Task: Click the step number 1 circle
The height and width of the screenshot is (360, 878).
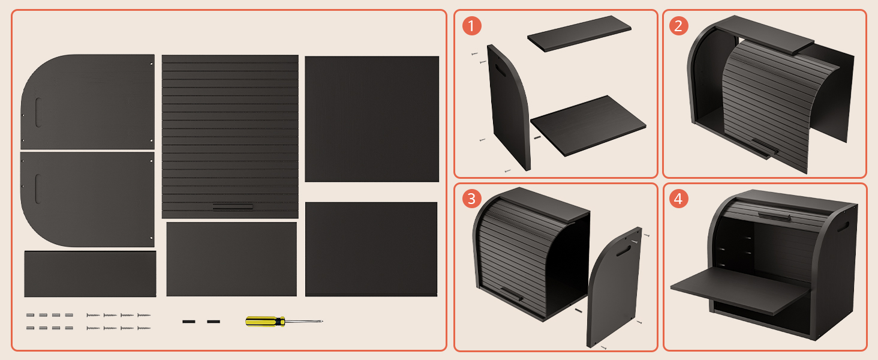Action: click(471, 26)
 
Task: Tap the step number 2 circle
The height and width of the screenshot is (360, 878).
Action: click(678, 26)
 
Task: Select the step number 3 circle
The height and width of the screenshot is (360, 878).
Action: click(471, 199)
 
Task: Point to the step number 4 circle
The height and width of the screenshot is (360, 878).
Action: click(678, 199)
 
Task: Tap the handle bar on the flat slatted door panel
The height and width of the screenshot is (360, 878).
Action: click(233, 206)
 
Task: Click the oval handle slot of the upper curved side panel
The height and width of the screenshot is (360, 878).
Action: click(38, 113)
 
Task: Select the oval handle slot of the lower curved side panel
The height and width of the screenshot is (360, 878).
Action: click(38, 189)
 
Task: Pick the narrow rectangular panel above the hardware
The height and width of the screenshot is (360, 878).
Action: click(90, 274)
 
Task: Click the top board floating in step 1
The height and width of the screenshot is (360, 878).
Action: click(579, 34)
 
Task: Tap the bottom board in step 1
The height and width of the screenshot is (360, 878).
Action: click(588, 125)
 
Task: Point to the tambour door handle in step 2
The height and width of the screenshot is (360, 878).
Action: click(765, 147)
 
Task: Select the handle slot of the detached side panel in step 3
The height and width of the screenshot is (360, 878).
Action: click(624, 251)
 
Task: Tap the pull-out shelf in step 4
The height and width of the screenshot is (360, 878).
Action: click(740, 290)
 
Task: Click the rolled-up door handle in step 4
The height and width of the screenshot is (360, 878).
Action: click(774, 216)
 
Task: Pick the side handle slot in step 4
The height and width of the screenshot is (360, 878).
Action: click(843, 227)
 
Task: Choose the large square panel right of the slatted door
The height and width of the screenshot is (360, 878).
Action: click(372, 119)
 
